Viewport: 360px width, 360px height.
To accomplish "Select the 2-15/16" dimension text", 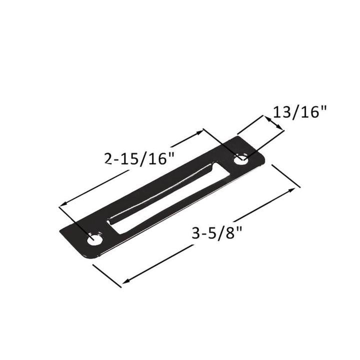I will point(139,158).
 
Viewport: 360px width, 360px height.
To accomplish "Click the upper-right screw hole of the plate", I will point(241,160).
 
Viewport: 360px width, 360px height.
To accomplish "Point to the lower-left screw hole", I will point(94,240).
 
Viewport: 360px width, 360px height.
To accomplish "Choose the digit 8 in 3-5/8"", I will point(232,233).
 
